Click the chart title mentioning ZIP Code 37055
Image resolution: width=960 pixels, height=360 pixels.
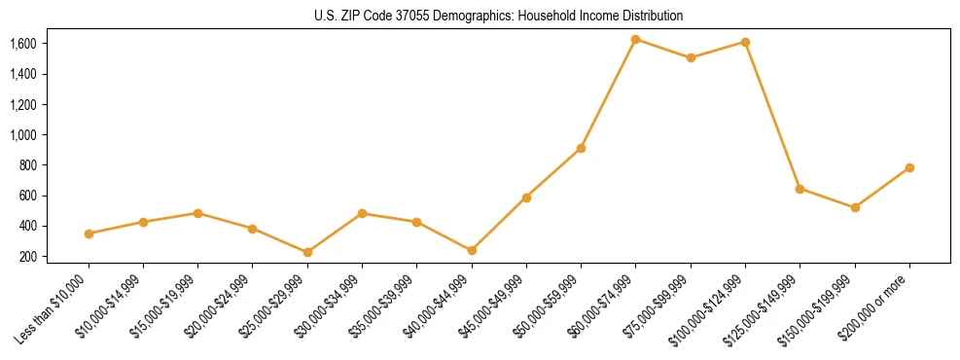pyautogui.click(x=499, y=16)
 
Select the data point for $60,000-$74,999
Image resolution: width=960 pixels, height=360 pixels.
pyautogui.click(x=635, y=40)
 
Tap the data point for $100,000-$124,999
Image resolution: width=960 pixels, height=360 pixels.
pyautogui.click(x=745, y=42)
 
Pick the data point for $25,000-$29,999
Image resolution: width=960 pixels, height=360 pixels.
pyautogui.click(x=253, y=252)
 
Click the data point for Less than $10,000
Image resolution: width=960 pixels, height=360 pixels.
pyautogui.click(x=89, y=234)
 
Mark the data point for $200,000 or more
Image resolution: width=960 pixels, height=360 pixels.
pyautogui.click(x=909, y=167)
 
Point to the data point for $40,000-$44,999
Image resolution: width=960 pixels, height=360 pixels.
pyautogui.click(x=472, y=250)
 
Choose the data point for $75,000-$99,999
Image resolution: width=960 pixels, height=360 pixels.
pyautogui.click(x=691, y=57)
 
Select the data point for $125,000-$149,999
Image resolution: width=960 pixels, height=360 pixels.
pyautogui.click(x=800, y=189)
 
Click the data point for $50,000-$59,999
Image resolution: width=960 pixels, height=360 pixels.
pyautogui.click(x=581, y=148)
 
